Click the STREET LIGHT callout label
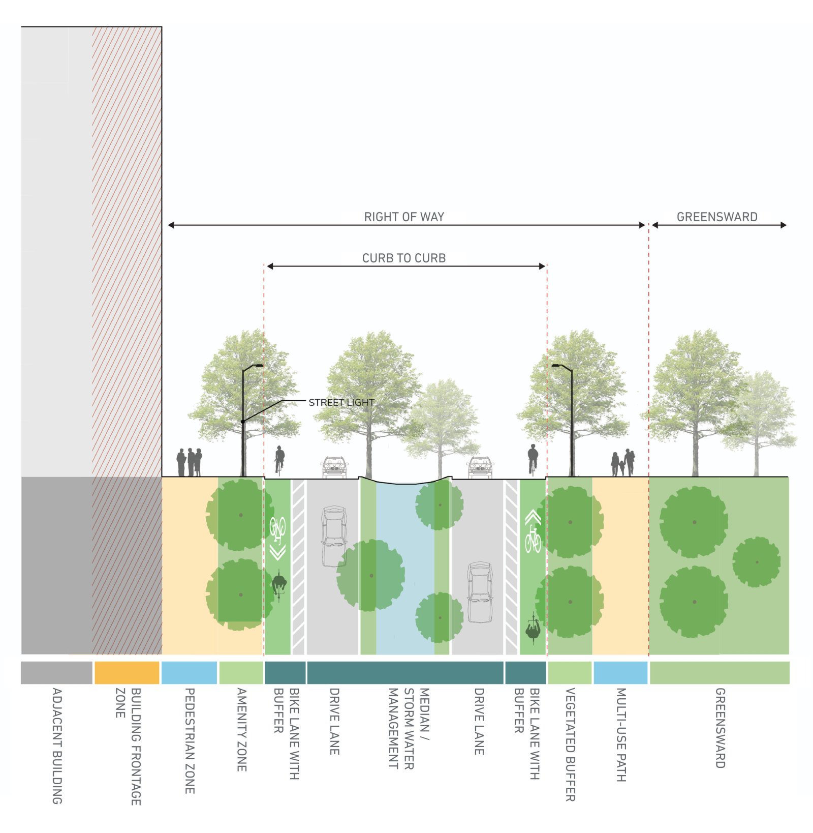click(341, 402)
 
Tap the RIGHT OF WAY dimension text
click(404, 217)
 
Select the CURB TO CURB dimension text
click(404, 258)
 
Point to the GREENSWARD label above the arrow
click(717, 217)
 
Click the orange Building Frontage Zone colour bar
click(127, 672)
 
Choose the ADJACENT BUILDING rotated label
click(57, 746)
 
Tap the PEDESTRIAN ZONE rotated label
click(190, 740)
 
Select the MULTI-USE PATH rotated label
click(621, 734)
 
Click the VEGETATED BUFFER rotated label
click(570, 745)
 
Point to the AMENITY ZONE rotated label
click(242, 729)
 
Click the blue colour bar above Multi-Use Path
click(620, 672)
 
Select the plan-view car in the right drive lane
click(480, 592)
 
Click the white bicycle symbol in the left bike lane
click(277, 529)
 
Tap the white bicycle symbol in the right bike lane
click(533, 540)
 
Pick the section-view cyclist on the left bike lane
click(279, 459)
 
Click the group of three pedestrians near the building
click(189, 462)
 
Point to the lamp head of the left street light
click(258, 365)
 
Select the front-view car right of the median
click(480, 467)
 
